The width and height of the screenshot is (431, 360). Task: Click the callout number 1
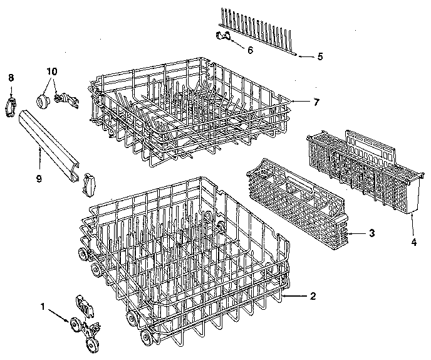click(x=43, y=307)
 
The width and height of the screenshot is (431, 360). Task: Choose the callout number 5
click(x=320, y=56)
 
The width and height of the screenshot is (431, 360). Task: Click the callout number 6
click(x=250, y=50)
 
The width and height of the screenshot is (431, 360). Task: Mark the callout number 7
click(x=317, y=102)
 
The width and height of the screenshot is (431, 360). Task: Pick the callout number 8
click(x=11, y=77)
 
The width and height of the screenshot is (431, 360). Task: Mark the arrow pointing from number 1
click(x=60, y=314)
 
